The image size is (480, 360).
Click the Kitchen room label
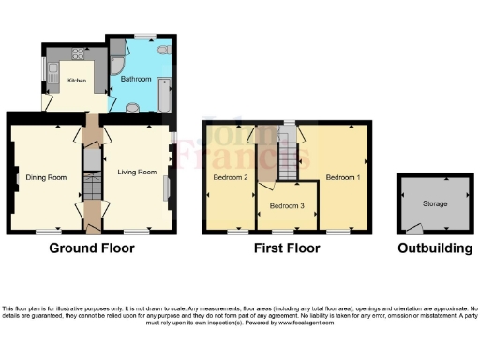pos(76,81)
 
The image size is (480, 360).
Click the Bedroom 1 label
pos(343,176)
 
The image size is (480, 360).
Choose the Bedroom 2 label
pos(230,177)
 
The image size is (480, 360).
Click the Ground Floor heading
pos(92,248)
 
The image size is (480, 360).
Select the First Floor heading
pos(287,248)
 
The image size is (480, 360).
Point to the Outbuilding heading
pos(435,248)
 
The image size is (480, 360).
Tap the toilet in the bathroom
pos(162,50)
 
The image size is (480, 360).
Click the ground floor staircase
pos(92,187)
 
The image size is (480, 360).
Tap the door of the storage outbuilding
pos(413,228)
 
